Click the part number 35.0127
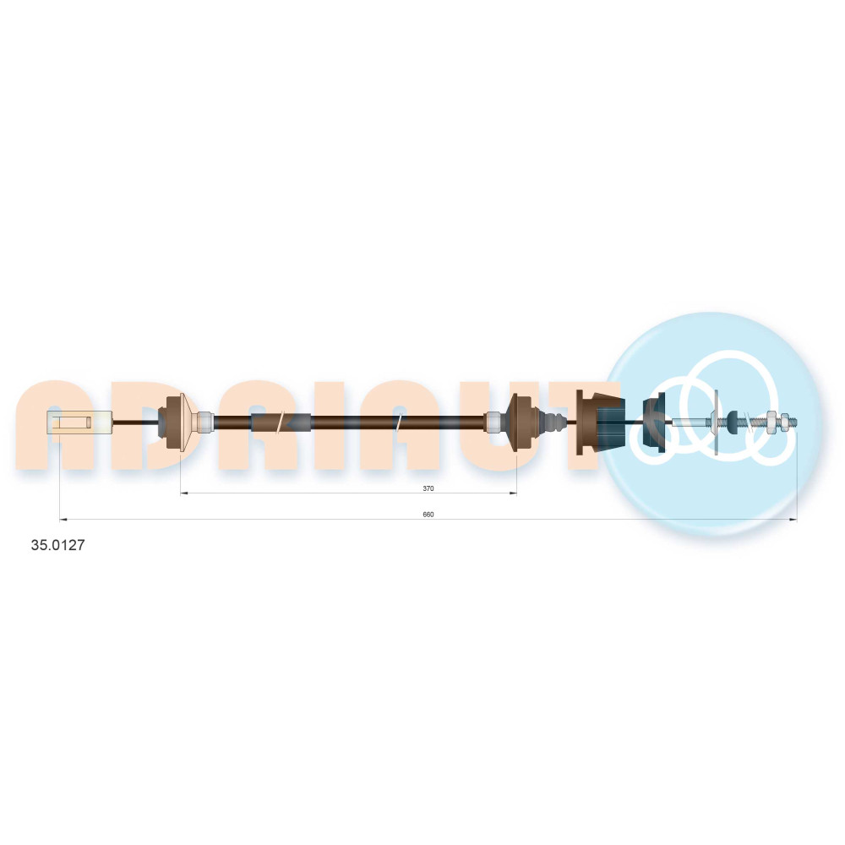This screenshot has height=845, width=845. point(57,545)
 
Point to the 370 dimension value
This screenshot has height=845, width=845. point(428,488)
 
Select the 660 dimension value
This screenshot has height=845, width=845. point(428,515)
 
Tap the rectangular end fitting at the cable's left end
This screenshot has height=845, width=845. point(79,422)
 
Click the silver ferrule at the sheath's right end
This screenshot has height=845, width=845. point(493,422)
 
